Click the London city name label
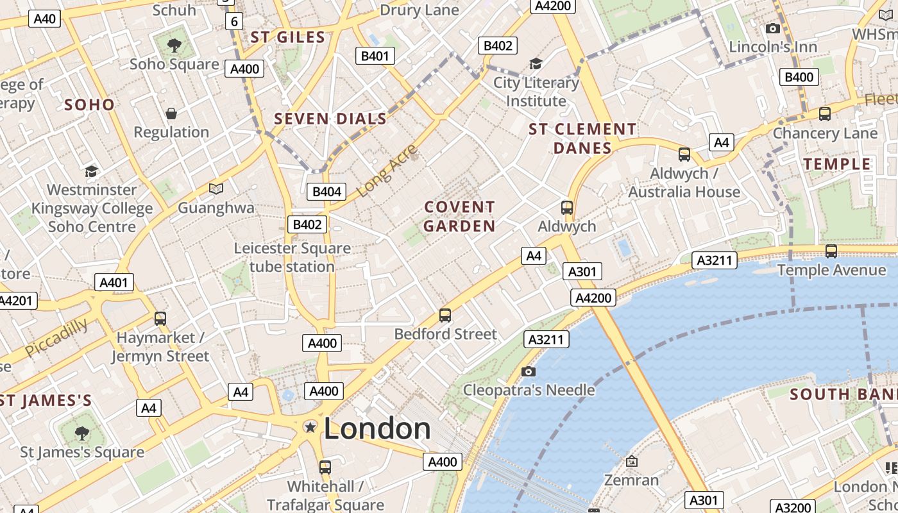point(377,428)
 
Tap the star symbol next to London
point(310,427)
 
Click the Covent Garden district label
point(459,216)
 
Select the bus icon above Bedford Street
point(445,315)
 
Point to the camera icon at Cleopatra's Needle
point(529,371)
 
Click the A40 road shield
point(45,19)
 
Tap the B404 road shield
point(326,191)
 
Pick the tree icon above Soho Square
point(174,45)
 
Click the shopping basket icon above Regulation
point(171,114)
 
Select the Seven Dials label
point(330,119)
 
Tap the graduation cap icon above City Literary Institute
point(536,63)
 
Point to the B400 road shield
point(799,77)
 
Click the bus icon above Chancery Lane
point(825,114)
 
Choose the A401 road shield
point(114,282)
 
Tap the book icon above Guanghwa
point(216,189)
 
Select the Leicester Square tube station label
point(292,257)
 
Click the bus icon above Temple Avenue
point(831,251)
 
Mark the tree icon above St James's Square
point(82,433)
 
